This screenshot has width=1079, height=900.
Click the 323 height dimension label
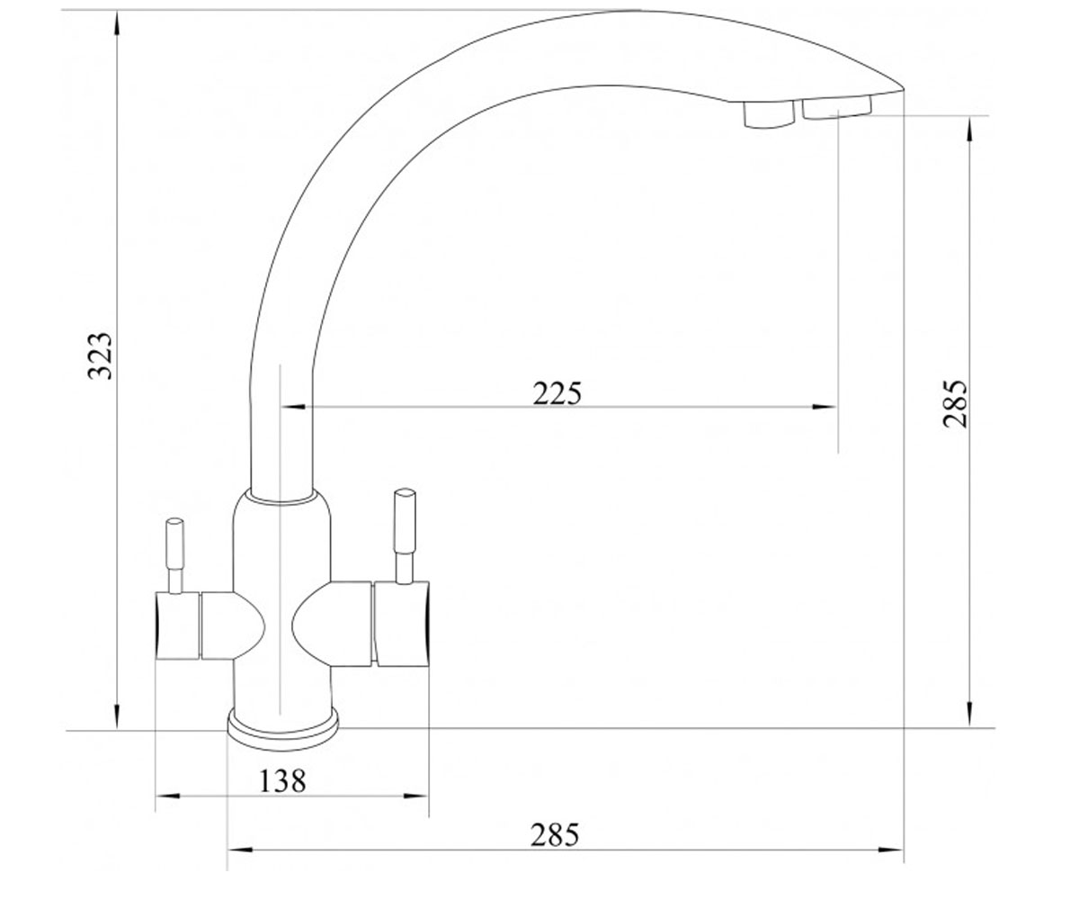coord(100,356)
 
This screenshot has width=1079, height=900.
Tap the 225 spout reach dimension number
coord(557,393)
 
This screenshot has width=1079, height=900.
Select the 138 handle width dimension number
coord(282,781)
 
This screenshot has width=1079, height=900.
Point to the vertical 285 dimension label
coord(954,404)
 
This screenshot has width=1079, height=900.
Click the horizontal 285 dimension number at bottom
coord(555,835)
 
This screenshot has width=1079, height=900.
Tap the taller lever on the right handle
coord(405,536)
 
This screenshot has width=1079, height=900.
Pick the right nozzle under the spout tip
coord(836,107)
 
